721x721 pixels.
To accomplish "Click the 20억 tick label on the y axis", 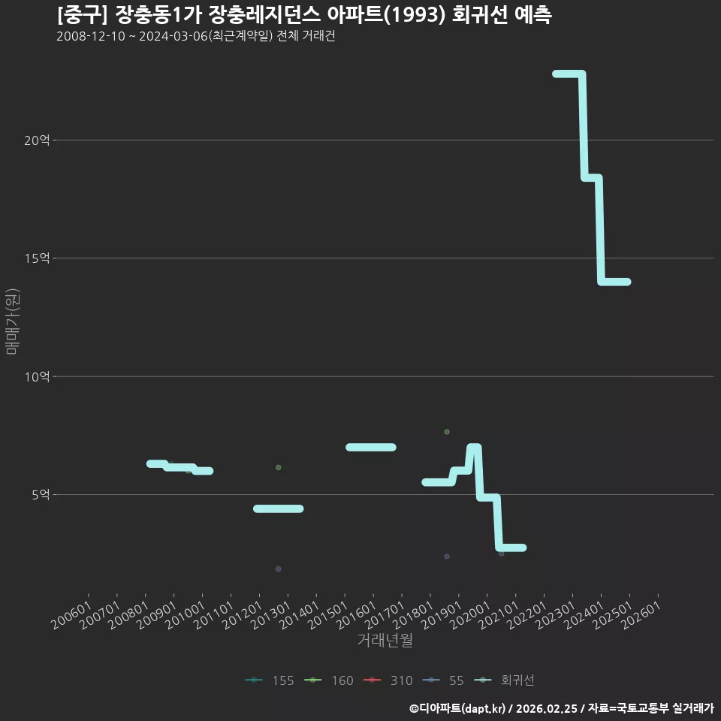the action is (x=37, y=140).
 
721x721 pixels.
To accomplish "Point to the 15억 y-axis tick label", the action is (x=37, y=258).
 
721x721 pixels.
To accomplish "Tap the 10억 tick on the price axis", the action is (x=37, y=377).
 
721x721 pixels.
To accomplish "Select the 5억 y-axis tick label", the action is (x=41, y=495).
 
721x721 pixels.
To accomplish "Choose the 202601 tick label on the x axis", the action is (x=641, y=615).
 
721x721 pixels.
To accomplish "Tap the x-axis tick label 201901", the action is (x=442, y=615).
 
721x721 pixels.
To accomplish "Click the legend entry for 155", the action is (x=270, y=680).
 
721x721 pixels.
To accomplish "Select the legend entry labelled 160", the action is (x=329, y=680).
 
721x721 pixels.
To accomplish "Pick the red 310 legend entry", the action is (x=388, y=680).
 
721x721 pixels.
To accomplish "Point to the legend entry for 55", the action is (x=443, y=680).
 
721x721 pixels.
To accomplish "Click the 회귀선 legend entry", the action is (x=505, y=680).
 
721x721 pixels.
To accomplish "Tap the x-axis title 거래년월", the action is (x=385, y=640).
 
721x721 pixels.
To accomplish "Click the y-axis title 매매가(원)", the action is (x=12, y=321).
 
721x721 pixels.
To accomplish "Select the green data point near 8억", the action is (x=447, y=432).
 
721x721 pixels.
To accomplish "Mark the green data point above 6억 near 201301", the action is (x=278, y=468).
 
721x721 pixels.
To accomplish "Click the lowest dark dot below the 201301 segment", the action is (x=278, y=569).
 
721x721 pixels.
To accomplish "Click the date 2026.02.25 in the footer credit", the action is (x=547, y=708).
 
